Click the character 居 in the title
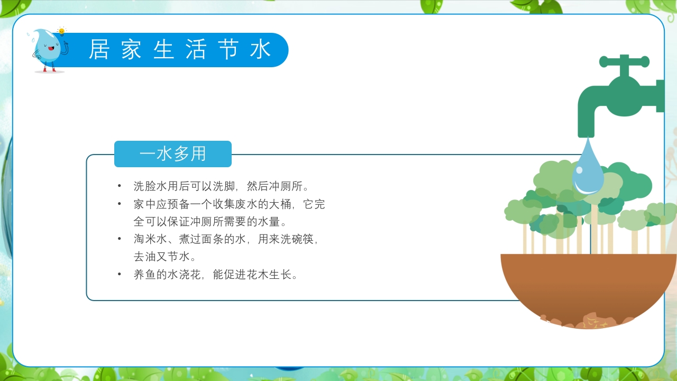98,50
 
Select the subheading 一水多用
173,154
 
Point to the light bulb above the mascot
61,31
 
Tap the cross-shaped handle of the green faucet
624,62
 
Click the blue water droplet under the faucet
588,169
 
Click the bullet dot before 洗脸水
120,186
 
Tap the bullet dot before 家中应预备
120,204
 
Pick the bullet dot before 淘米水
120,239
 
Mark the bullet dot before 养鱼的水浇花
120,275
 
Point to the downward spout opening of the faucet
587,132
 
